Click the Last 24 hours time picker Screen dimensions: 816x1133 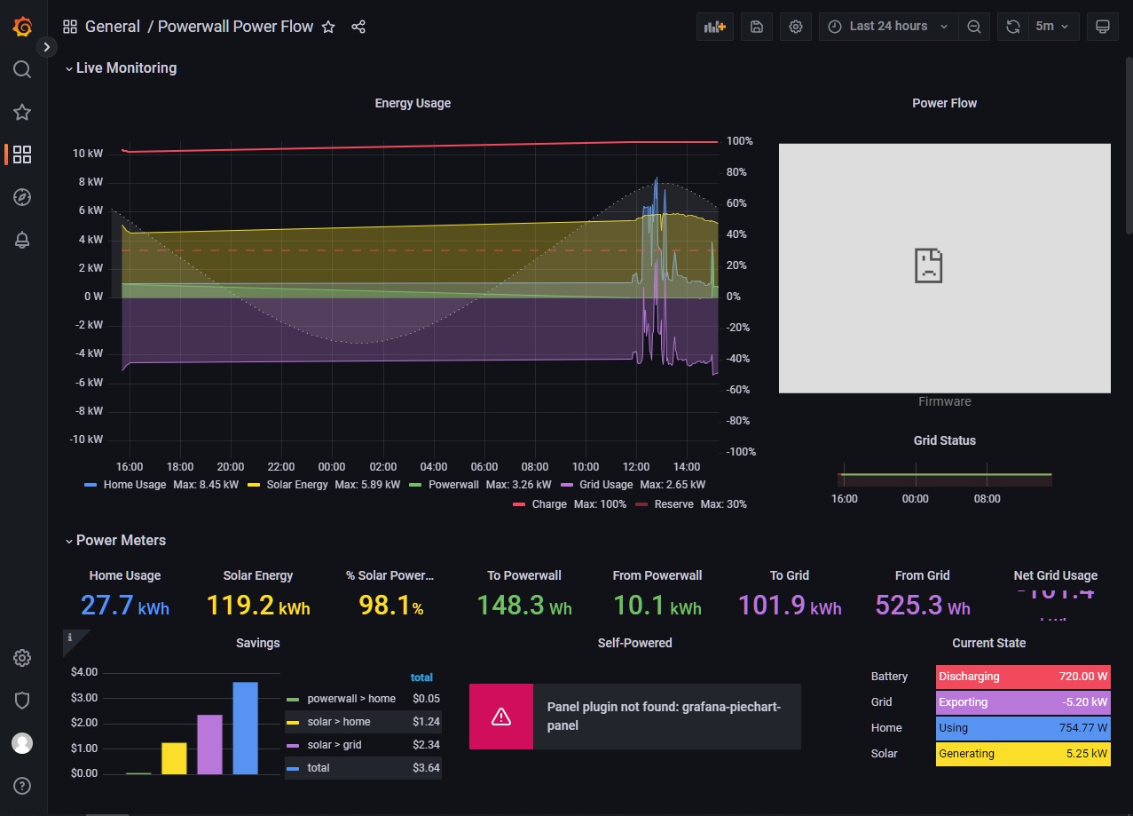click(x=887, y=27)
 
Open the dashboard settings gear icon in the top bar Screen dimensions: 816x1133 click(x=795, y=27)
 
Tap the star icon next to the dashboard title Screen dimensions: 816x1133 click(x=328, y=27)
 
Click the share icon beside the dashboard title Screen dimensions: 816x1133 click(x=358, y=27)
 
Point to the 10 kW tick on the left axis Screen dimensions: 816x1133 click(x=88, y=154)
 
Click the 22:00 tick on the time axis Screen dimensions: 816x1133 click(x=281, y=466)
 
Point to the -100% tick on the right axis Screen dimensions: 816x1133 click(x=740, y=452)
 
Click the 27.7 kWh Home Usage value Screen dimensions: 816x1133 click(x=124, y=606)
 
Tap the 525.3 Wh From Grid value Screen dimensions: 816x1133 click(x=922, y=606)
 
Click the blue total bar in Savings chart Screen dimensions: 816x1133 click(x=245, y=728)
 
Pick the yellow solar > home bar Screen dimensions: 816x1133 click(x=174, y=758)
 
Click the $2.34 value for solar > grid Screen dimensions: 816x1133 click(x=426, y=745)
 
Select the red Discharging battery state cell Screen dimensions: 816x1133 click(x=1022, y=677)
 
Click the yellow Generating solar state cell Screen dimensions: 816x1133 click(x=1022, y=754)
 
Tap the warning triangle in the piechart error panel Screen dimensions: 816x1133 click(x=501, y=717)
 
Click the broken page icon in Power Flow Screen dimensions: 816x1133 click(x=928, y=265)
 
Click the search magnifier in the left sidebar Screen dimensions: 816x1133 click(x=22, y=69)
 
